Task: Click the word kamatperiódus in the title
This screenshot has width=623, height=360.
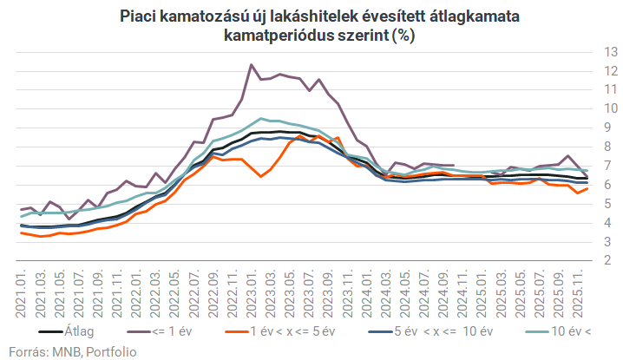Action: pyautogui.click(x=273, y=36)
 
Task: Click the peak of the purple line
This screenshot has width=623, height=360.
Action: pyautogui.click(x=251, y=64)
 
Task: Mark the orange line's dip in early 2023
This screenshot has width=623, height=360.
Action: pyautogui.click(x=260, y=177)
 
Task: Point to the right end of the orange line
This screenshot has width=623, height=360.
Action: pyautogui.click(x=587, y=188)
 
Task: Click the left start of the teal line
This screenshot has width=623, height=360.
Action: pyautogui.click(x=21, y=216)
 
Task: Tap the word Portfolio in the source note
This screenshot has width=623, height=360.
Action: pyautogui.click(x=107, y=350)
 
